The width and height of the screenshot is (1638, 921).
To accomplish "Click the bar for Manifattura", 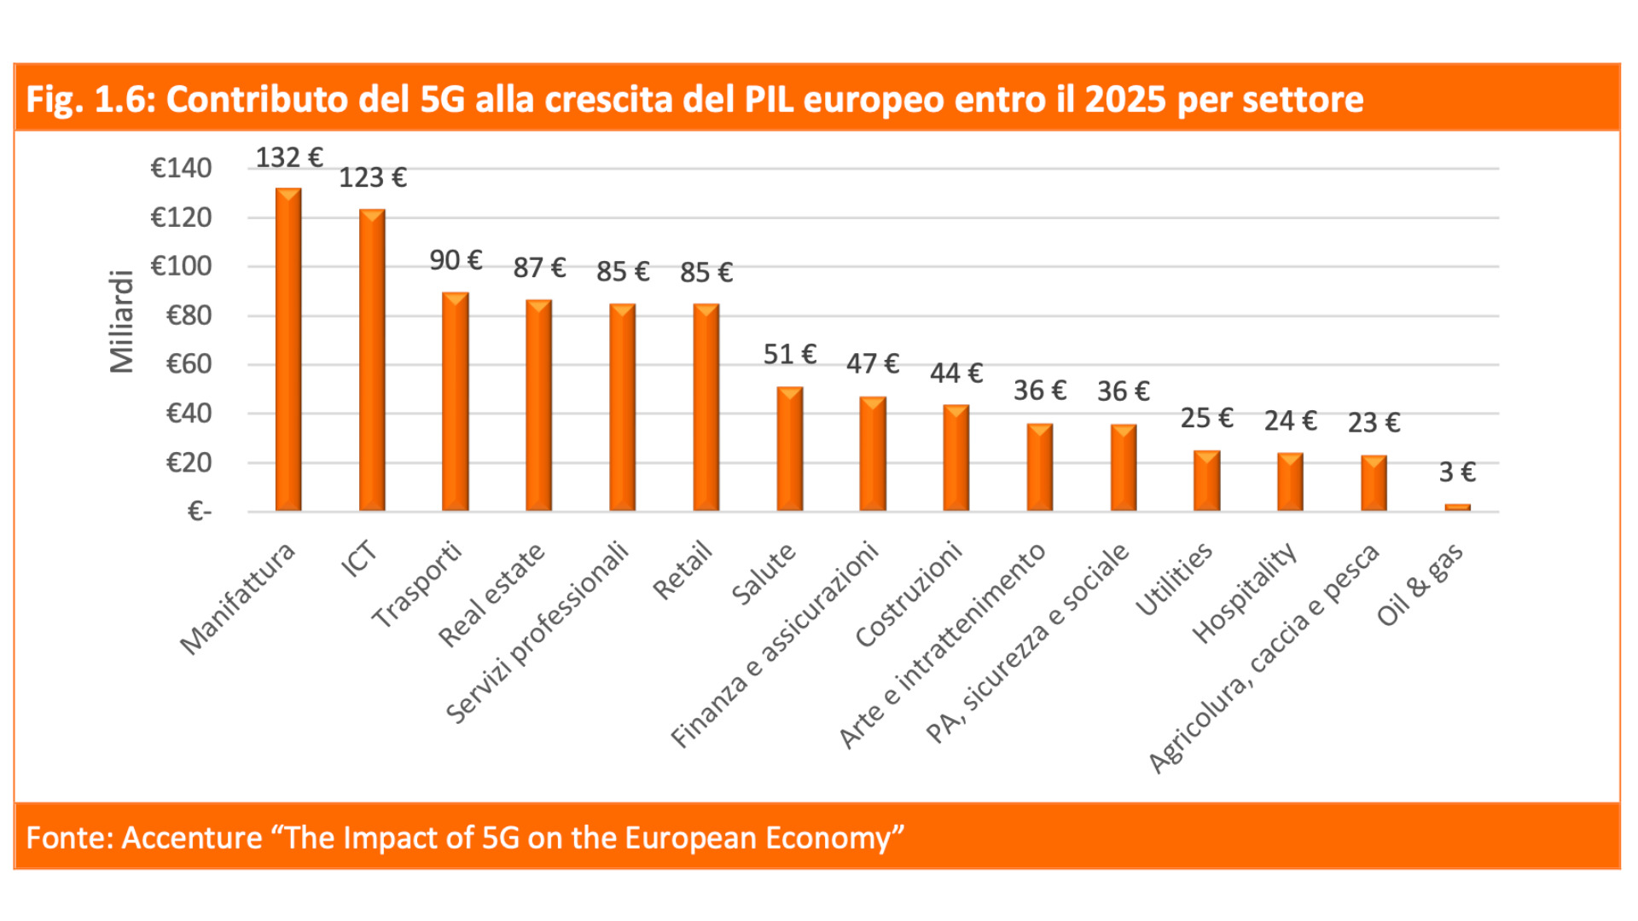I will point(288,350).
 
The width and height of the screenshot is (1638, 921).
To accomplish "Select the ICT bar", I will point(372,360).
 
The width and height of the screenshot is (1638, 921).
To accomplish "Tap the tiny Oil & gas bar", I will point(1457,507).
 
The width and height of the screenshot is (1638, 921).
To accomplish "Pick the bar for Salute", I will point(790,449).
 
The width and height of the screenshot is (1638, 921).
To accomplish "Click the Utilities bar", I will point(1206,481).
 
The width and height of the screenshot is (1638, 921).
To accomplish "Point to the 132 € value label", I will point(289,158).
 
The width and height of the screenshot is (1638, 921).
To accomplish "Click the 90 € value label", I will point(456,260).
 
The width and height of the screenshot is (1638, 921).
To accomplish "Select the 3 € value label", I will point(1457,472).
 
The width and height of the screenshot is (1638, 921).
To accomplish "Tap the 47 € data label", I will point(873,364).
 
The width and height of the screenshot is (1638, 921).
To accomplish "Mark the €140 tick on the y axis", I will point(181,168).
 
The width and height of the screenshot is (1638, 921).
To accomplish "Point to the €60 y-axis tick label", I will point(189,364).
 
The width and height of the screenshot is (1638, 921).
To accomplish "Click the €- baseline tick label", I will point(200,512).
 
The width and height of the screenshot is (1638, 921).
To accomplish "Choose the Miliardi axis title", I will point(122,321).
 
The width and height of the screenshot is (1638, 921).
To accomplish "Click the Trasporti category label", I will point(417,584).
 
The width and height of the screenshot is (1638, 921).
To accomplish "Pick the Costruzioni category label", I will point(909,594).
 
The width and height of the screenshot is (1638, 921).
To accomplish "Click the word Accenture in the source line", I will point(192,837).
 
